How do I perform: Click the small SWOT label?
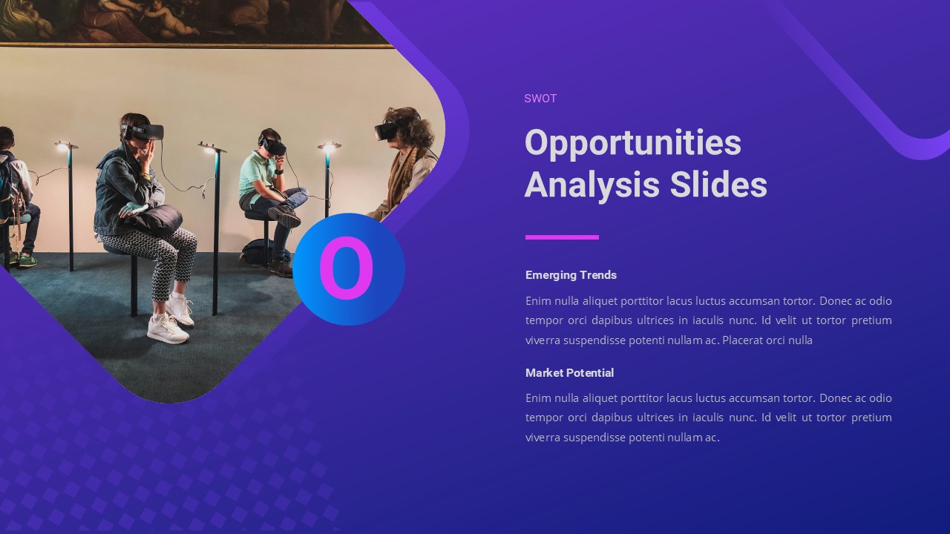[540, 99]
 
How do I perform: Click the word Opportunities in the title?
[632, 142]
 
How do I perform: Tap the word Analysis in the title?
[592, 185]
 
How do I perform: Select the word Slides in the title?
[718, 185]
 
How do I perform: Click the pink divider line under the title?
[562, 237]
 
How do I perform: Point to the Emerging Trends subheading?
[571, 275]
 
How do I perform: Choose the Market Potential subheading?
[569, 373]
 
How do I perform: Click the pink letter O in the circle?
[347, 269]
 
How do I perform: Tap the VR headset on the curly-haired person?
[387, 131]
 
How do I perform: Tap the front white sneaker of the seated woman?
[167, 329]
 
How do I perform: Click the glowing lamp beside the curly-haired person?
[329, 148]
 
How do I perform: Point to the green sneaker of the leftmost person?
[27, 261]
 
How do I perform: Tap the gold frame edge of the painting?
[193, 45]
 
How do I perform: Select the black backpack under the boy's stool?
[256, 252]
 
